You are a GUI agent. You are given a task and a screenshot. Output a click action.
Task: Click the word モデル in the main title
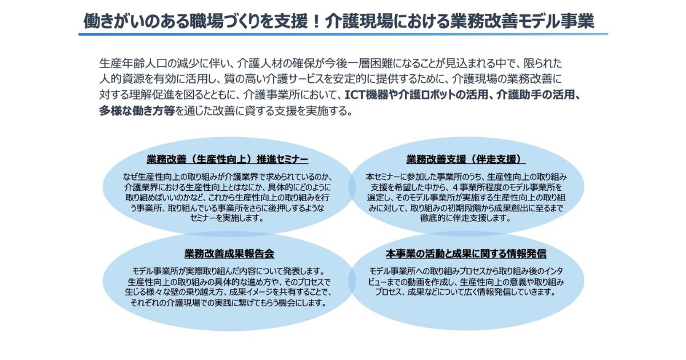[534, 21]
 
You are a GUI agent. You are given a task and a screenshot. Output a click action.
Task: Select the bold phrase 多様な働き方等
[137, 111]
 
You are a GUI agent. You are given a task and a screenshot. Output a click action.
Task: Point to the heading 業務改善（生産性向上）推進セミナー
[228, 159]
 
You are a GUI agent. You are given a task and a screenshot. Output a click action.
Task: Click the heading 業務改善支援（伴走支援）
[466, 159]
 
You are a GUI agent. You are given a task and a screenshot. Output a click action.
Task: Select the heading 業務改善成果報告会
[229, 254]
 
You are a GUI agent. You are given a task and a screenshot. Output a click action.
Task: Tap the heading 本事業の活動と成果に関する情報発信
[466, 254]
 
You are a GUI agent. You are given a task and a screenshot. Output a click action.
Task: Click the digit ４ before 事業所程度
[454, 187]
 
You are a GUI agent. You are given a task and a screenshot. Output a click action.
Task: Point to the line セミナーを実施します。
[228, 218]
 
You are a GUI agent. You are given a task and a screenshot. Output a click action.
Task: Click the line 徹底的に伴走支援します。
[466, 218]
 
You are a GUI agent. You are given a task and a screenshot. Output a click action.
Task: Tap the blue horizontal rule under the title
[344, 34]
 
